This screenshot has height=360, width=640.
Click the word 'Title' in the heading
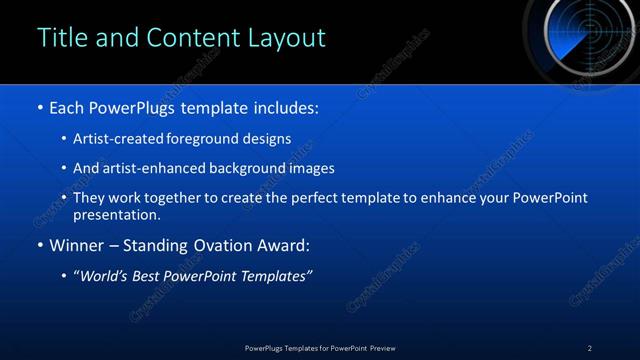point(60,38)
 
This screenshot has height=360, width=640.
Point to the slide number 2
point(589,348)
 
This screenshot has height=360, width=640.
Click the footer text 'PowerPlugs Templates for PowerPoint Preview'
point(320,348)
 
